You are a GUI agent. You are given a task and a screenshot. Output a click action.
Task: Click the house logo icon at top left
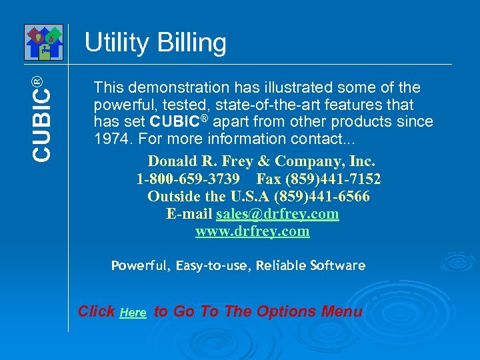coord(43,42)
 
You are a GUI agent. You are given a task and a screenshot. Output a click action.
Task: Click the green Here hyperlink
coord(133,313)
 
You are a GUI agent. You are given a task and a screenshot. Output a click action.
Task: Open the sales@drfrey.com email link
coord(277,214)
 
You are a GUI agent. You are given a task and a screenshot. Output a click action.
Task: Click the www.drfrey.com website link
coord(252,231)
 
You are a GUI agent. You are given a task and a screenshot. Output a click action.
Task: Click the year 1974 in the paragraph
coord(109,139)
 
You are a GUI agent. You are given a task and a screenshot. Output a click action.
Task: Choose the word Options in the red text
coord(283,311)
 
